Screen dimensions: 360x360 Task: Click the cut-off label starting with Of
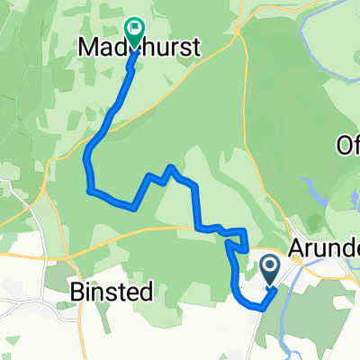click(347, 144)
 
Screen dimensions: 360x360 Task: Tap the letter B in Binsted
click(77, 291)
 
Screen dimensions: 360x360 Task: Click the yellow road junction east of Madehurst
click(236, 38)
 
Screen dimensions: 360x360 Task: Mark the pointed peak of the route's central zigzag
click(170, 166)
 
